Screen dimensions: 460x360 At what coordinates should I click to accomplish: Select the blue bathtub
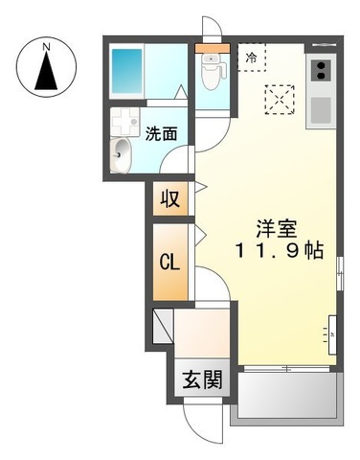click(x=126, y=69)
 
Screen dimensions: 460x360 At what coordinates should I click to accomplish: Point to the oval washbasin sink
click(x=122, y=150)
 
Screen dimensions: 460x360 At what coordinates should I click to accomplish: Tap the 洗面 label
click(x=161, y=134)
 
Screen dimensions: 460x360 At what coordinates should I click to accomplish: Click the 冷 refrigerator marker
click(x=252, y=57)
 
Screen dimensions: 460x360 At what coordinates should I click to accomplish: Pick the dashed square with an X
click(x=280, y=98)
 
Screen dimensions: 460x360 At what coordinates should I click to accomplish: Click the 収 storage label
click(x=169, y=199)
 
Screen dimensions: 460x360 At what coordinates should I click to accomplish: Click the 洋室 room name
click(x=275, y=231)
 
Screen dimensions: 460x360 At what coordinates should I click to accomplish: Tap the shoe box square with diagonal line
click(x=162, y=327)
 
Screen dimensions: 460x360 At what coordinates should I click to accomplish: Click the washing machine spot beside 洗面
click(x=124, y=121)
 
